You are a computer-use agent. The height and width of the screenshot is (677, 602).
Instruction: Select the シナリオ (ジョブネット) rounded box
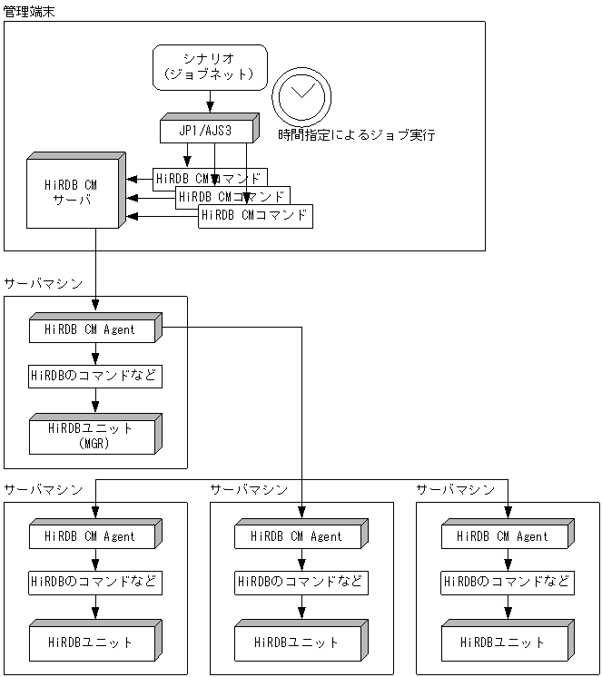(x=210, y=66)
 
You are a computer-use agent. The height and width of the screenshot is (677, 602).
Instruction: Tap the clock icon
(x=302, y=95)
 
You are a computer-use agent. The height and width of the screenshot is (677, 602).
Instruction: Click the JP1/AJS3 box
(x=208, y=131)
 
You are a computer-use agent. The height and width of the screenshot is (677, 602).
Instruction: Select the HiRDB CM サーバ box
(x=74, y=192)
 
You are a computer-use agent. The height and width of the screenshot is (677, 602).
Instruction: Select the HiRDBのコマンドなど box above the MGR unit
(x=94, y=376)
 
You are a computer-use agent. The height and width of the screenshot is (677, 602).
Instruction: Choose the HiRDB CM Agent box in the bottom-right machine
(x=505, y=536)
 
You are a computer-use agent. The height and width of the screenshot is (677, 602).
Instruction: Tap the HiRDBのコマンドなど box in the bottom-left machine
(x=94, y=582)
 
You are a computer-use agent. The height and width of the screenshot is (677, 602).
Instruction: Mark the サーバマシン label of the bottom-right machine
(x=456, y=490)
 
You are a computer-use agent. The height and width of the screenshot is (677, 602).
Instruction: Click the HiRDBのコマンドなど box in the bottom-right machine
(x=507, y=582)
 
